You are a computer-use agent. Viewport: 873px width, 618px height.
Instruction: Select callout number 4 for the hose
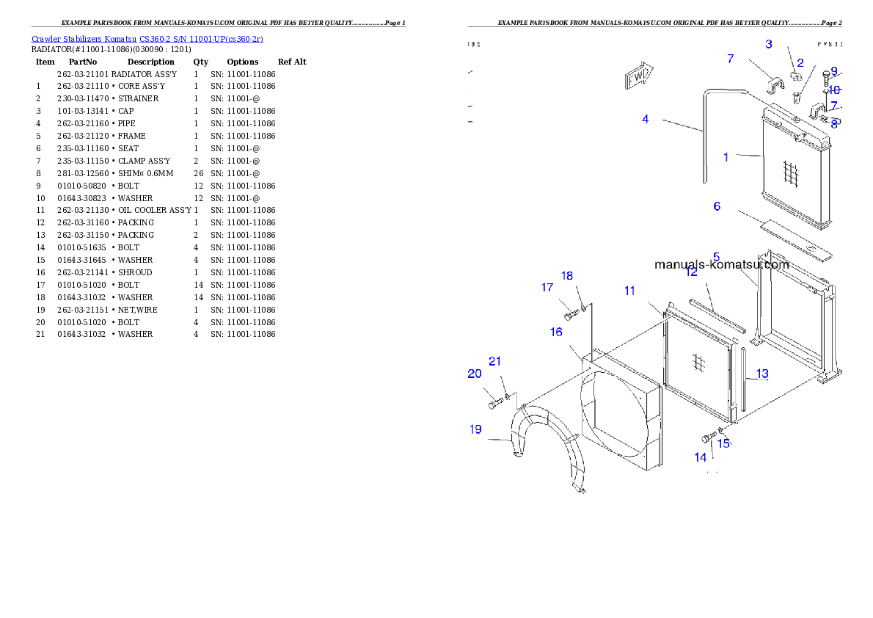coord(646,119)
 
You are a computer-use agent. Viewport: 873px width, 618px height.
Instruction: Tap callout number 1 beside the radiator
coord(726,157)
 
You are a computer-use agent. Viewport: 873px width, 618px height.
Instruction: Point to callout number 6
coord(717,207)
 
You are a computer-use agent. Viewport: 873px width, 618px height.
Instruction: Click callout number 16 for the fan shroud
coord(556,332)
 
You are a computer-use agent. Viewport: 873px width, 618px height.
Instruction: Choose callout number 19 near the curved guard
coord(475,429)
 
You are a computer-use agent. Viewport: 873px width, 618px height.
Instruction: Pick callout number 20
coord(475,374)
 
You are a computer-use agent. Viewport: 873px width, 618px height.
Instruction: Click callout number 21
coord(495,361)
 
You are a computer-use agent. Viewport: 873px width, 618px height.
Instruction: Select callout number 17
coord(547,288)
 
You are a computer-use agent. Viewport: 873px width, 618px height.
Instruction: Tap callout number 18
coord(567,276)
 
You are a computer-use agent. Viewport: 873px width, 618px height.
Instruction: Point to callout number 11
coord(629,291)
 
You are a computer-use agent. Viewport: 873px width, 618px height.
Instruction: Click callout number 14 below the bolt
coord(701,457)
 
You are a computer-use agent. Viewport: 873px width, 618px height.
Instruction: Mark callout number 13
coord(762,374)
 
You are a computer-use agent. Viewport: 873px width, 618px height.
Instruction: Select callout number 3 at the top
coord(769,44)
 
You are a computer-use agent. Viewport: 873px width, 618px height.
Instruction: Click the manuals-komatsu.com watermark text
coord(721,265)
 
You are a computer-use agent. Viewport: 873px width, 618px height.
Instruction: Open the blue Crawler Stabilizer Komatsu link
coord(147,39)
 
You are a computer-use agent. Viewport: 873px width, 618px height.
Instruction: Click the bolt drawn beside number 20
coord(495,403)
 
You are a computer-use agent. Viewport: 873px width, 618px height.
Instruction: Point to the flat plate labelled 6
coord(796,241)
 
